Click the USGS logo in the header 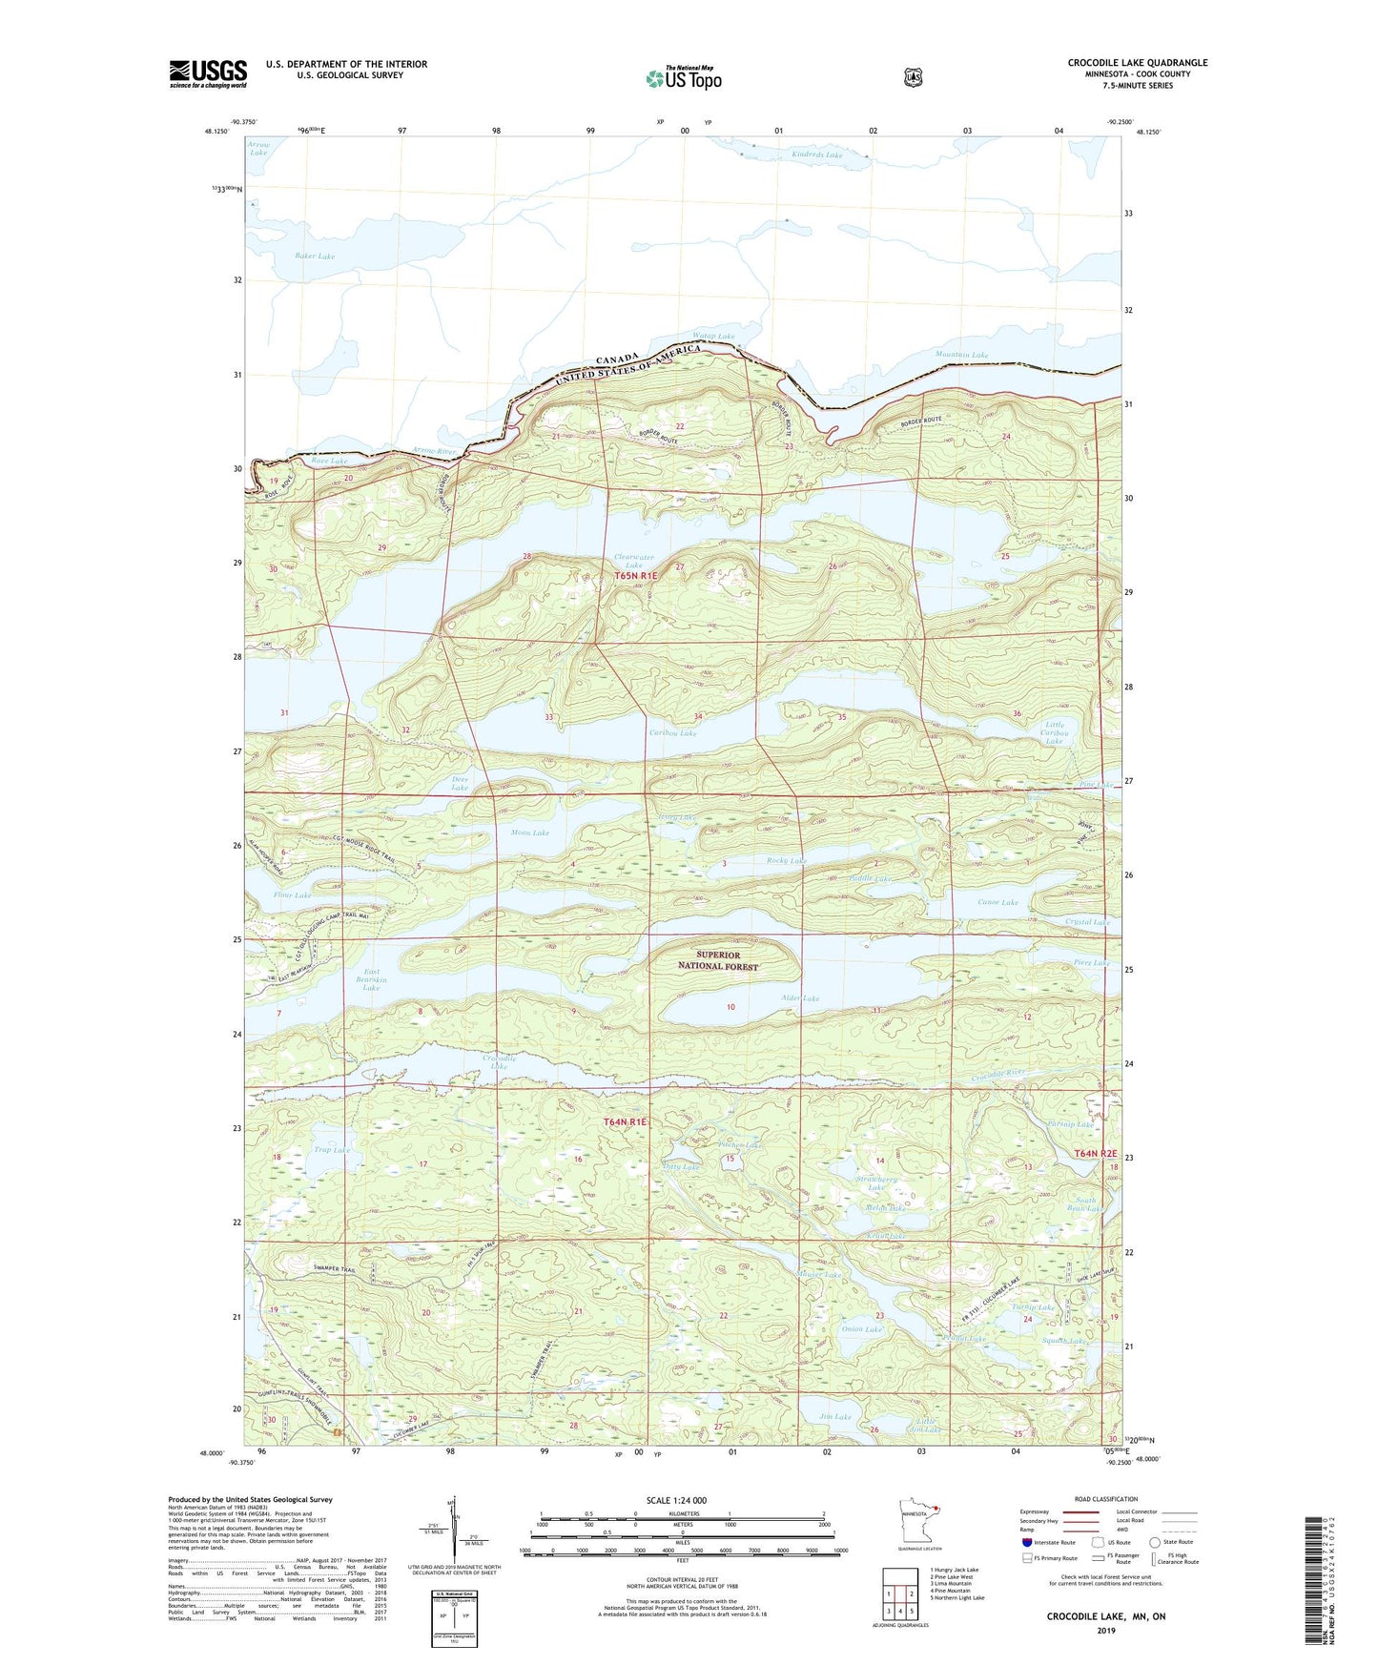click(x=208, y=73)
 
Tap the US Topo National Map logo click(x=683, y=78)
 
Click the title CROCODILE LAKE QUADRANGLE click(x=1137, y=63)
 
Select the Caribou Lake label click(x=672, y=733)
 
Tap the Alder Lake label click(x=800, y=998)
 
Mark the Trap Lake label click(x=332, y=1150)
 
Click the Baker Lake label click(x=315, y=257)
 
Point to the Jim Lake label click(x=834, y=1417)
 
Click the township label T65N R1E click(x=636, y=576)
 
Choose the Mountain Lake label click(x=961, y=355)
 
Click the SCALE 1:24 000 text click(x=676, y=1500)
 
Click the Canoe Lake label click(x=998, y=902)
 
